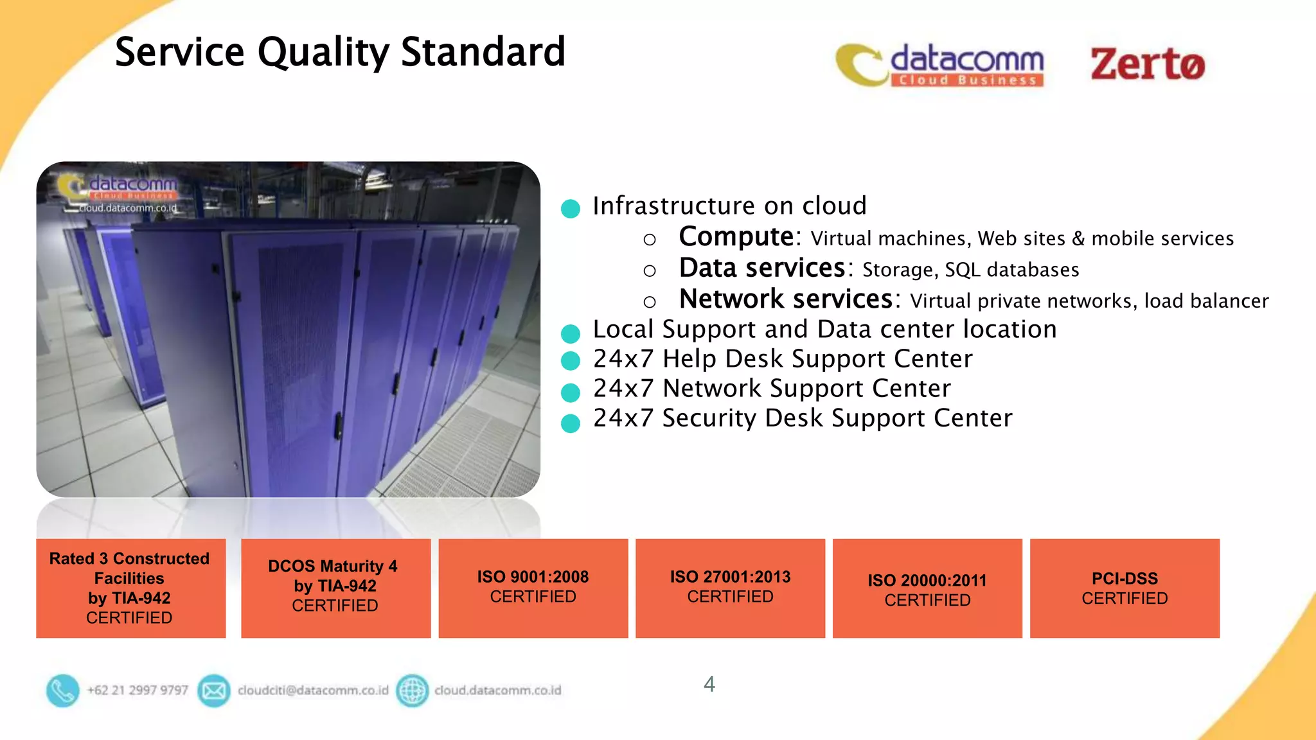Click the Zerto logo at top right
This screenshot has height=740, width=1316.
pyautogui.click(x=1148, y=64)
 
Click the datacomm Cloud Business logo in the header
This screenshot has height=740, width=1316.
pyautogui.click(x=940, y=65)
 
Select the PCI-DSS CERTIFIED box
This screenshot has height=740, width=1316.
pyautogui.click(x=1125, y=588)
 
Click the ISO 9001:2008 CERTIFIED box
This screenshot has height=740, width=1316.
pyautogui.click(x=533, y=588)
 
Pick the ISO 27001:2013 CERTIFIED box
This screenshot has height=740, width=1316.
pyautogui.click(x=730, y=588)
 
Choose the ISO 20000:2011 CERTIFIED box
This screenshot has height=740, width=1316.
pyautogui.click(x=927, y=588)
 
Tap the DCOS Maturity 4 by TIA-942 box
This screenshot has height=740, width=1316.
pyautogui.click(x=335, y=588)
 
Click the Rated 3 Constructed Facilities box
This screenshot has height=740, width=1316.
pyautogui.click(x=130, y=588)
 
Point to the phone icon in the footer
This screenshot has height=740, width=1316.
pyautogui.click(x=62, y=691)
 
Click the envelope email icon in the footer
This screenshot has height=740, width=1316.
pyautogui.click(x=214, y=691)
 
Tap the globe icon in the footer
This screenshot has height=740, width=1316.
pyautogui.click(x=412, y=691)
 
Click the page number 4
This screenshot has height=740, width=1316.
pyautogui.click(x=709, y=684)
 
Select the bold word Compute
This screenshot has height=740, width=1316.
pyautogui.click(x=736, y=237)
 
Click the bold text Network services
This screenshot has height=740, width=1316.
pyautogui.click(x=785, y=299)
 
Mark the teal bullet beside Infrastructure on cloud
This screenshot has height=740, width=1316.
pyautogui.click(x=570, y=208)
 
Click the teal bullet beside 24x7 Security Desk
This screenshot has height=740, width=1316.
pyautogui.click(x=570, y=423)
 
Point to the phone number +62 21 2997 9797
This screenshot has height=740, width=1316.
pyautogui.click(x=138, y=691)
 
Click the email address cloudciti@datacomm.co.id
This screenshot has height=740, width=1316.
pyautogui.click(x=313, y=691)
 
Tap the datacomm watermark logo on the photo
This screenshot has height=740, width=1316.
pyautogui.click(x=119, y=190)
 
